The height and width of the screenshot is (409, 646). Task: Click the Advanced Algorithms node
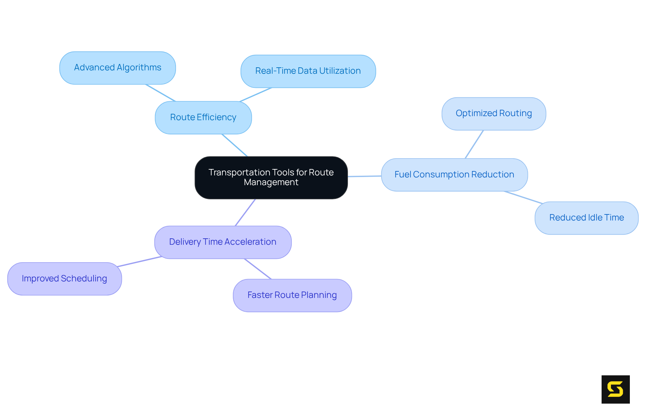[x=117, y=68]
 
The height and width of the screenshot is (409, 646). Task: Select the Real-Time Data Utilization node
[x=308, y=71]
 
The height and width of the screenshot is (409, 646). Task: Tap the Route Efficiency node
[x=203, y=117]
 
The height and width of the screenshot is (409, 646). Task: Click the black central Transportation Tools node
[x=271, y=172]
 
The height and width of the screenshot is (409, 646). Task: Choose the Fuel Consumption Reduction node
[x=454, y=175]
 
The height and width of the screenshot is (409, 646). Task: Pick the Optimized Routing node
[x=494, y=113]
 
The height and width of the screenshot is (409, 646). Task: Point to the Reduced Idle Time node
[x=586, y=218]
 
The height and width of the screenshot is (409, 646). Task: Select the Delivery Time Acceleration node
[x=223, y=242]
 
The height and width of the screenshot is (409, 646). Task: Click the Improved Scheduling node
[x=64, y=279]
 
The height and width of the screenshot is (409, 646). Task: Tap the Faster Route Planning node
[x=292, y=295]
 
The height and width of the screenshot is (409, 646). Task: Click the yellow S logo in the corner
[x=615, y=389]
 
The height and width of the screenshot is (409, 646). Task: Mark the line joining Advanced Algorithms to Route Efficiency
[x=160, y=93]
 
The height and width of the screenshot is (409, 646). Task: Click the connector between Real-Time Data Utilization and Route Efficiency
[x=256, y=95]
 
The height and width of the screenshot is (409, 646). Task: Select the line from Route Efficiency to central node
[x=235, y=145]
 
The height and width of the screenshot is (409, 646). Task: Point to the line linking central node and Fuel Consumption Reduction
[x=364, y=176]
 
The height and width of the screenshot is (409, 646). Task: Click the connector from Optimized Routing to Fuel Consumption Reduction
[x=474, y=144]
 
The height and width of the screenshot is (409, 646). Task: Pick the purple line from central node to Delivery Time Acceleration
[x=245, y=212]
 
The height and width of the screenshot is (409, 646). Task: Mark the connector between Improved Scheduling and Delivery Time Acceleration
[x=140, y=262]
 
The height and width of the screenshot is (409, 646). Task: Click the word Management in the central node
[x=271, y=182]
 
